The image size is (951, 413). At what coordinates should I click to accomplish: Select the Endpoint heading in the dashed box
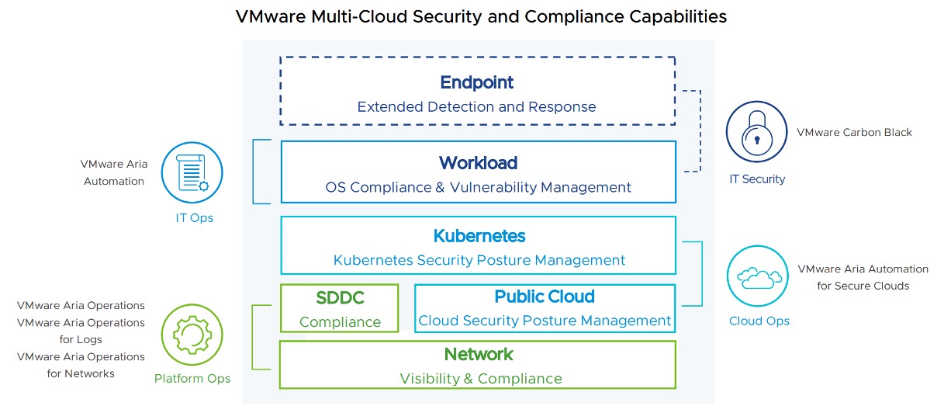(477, 82)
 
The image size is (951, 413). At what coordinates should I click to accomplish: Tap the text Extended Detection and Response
(477, 106)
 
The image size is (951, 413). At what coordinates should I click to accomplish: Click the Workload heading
(478, 163)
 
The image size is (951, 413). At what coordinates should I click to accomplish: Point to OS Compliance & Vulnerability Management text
(478, 187)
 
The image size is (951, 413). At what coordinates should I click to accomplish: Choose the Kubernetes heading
(479, 236)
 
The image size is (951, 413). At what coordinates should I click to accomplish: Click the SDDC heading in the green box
(341, 298)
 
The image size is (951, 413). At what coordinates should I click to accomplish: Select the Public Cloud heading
(545, 297)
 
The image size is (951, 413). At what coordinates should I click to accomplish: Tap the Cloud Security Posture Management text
(545, 321)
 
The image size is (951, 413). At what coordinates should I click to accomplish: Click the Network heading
(479, 355)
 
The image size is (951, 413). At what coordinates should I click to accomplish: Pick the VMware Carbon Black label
(854, 133)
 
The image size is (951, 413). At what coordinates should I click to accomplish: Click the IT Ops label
(194, 217)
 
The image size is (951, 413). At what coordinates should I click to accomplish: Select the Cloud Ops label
(759, 321)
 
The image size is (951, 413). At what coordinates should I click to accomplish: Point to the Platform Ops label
(192, 379)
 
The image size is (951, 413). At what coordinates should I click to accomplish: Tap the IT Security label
(757, 179)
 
